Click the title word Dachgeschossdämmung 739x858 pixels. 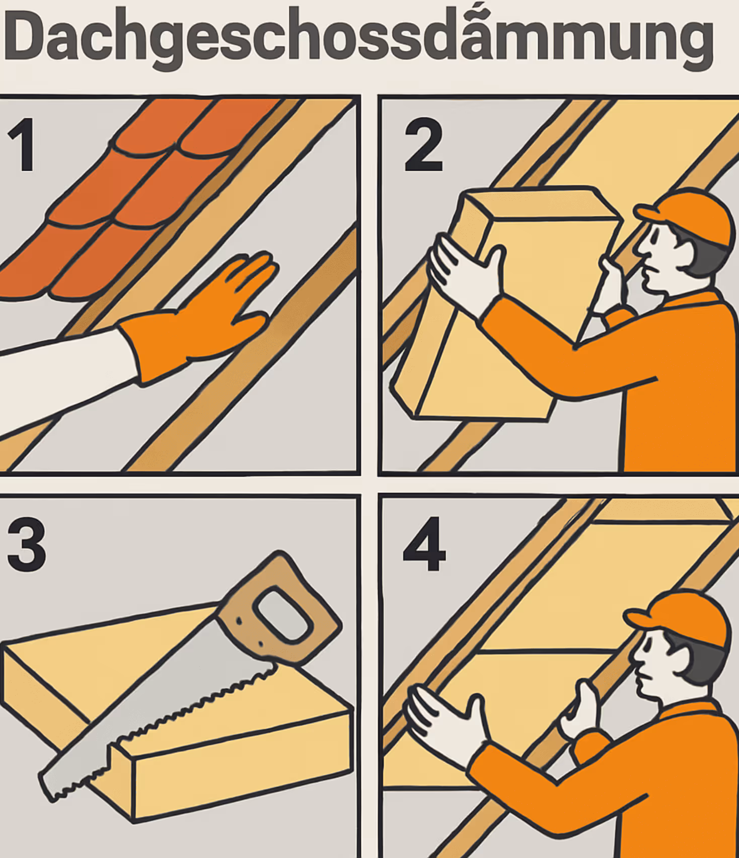[x=358, y=39]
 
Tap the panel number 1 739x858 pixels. [x=22, y=145]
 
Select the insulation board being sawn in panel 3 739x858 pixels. [x=176, y=715]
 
